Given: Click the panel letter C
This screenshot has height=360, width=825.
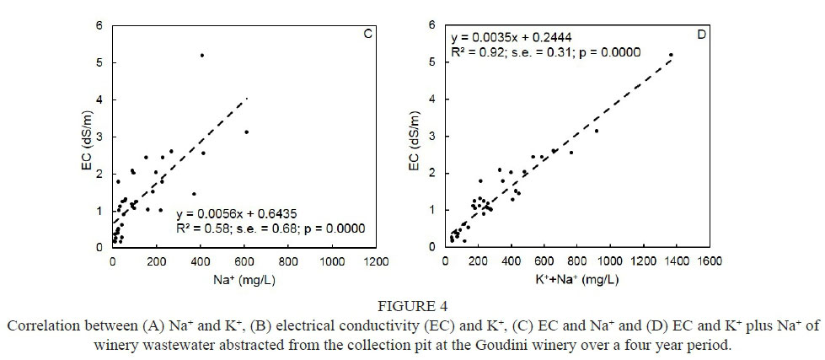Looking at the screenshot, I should click(x=367, y=34).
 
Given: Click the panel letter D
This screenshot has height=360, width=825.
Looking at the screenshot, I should click(x=702, y=34).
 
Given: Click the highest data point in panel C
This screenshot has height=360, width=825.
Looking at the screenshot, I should click(x=202, y=56).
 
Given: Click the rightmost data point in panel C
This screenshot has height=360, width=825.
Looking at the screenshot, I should click(x=246, y=132).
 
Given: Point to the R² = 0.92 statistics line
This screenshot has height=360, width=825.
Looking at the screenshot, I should click(x=546, y=52).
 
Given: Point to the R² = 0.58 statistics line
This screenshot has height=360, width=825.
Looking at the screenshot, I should click(x=265, y=228).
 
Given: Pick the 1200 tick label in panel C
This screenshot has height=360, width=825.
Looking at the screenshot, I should click(x=375, y=262).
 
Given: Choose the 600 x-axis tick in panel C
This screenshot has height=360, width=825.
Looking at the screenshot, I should click(x=244, y=262).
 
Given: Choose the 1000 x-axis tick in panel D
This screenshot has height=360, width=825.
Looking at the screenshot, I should click(x=611, y=262).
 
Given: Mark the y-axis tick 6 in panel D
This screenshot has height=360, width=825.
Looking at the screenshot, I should click(x=432, y=24).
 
